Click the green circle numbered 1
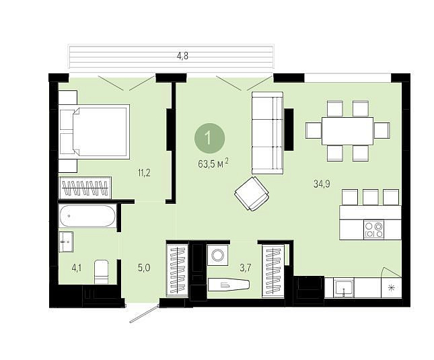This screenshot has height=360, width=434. click(209, 138)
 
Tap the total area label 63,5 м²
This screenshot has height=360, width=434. click(213, 164)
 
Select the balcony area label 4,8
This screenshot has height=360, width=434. click(182, 56)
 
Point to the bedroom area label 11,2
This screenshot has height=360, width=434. click(144, 173)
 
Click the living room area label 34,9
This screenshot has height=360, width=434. click(322, 184)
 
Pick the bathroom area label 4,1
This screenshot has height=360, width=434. click(77, 268)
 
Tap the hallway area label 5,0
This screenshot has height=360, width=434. click(144, 268)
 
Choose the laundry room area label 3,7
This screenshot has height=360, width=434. click(246, 268)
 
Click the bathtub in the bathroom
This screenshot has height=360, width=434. click(87, 216)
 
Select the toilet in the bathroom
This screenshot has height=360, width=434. click(101, 272)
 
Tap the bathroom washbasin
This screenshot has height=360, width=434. click(67, 242)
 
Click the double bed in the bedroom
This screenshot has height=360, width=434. click(95, 132)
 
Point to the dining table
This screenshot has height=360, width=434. click(347, 131)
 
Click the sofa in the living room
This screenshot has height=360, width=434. click(268, 133)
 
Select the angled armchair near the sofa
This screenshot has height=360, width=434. click(252, 193)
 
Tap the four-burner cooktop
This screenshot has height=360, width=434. click(374, 229)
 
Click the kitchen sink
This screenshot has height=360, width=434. click(343, 288)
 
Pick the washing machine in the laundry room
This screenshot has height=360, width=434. click(217, 254)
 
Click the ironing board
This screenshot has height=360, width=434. click(229, 285)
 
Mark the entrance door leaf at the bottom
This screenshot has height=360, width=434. click(145, 314)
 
